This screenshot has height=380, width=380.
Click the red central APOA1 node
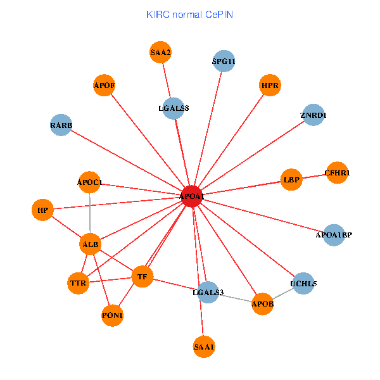pos(191,197)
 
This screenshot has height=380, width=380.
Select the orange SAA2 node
pos(161,53)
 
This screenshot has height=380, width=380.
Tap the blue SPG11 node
pos(223,61)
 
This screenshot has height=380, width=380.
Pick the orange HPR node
pos(270,85)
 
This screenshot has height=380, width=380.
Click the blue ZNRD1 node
pos(313,115)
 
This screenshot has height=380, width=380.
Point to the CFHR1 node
pos(337,172)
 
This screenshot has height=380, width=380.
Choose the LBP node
pos(291,180)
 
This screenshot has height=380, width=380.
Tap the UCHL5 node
pos(303,283)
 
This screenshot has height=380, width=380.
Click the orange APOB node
pos(262,304)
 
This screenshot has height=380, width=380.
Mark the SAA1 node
pos(204,346)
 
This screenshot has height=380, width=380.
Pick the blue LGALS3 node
pos(208,292)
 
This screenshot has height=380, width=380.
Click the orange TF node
pos(142,277)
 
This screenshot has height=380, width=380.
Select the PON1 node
pos(112,315)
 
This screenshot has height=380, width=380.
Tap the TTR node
pos(78,283)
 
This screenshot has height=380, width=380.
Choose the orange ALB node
pos(91,244)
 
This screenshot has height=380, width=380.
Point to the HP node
pos(42,210)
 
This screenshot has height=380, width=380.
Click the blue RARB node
pos(61,125)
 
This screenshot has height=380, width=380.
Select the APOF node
pos(104,85)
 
